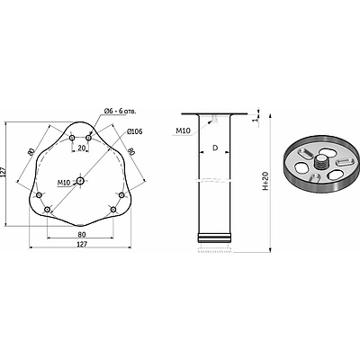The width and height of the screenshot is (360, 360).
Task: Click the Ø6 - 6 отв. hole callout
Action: [x=120, y=112]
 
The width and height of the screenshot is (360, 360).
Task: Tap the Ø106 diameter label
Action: [x=134, y=131]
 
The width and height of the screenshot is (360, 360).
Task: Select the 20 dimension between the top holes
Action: [x=81, y=148]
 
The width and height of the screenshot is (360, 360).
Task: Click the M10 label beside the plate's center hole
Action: [x=63, y=183]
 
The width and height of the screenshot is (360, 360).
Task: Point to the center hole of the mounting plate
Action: [x=80, y=181]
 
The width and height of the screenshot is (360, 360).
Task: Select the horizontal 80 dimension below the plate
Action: [x=82, y=234]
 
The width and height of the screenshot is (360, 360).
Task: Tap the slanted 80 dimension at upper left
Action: [x=31, y=152]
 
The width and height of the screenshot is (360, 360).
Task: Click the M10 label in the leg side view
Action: [x=183, y=130]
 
